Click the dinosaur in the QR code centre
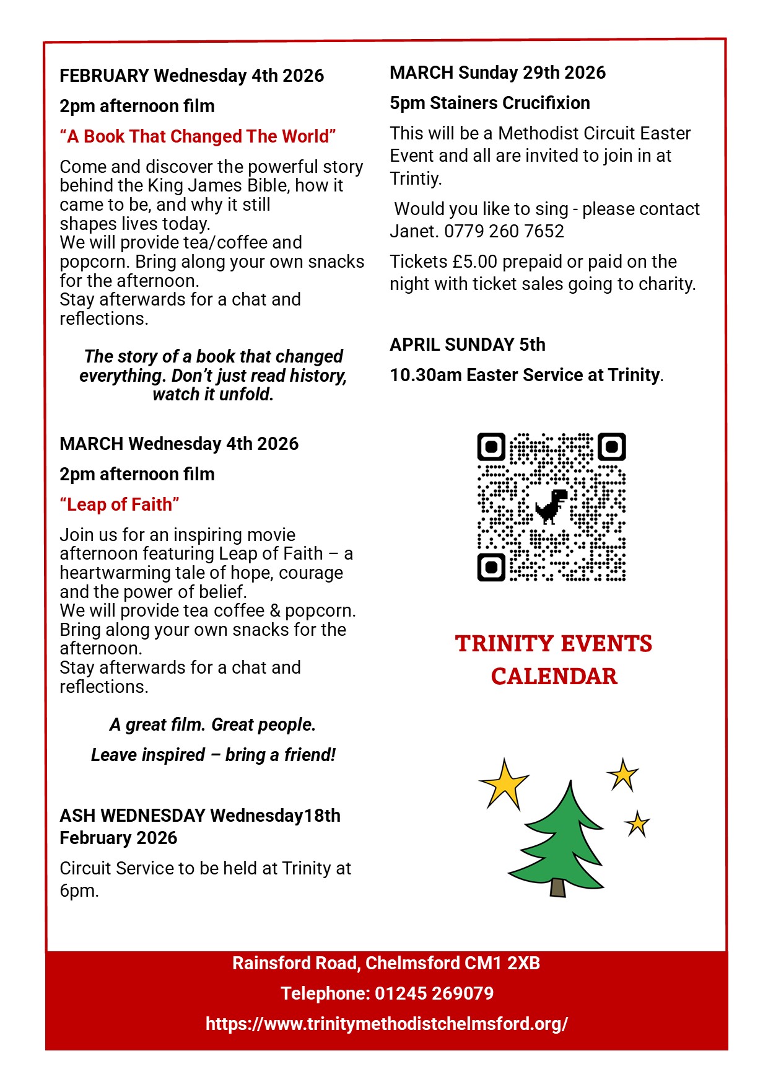click(x=551, y=506)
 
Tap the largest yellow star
click(x=505, y=783)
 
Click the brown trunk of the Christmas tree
click(x=557, y=887)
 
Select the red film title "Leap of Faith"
click(x=120, y=504)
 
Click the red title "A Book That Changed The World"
click(x=198, y=136)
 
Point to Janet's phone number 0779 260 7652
click(x=504, y=231)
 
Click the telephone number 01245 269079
click(x=434, y=993)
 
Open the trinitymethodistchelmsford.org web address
click(x=386, y=1024)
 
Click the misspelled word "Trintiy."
click(x=416, y=178)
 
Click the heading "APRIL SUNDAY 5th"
click(x=468, y=345)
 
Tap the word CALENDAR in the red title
click(x=554, y=676)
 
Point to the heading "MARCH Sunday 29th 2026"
click(x=497, y=73)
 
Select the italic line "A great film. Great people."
click(x=212, y=724)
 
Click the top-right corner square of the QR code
click(x=611, y=447)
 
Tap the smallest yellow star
click(x=637, y=824)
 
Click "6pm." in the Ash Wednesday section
click(x=79, y=891)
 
